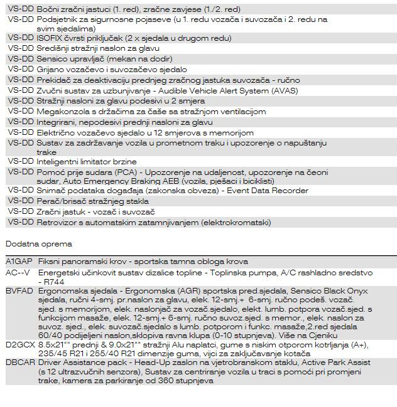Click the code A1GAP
(18, 262)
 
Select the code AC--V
(18, 273)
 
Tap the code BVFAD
(19, 291)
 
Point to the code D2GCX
(19, 344)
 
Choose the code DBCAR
(19, 362)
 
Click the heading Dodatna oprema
(38, 244)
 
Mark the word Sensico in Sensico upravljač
(53, 59)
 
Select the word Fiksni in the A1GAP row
(49, 262)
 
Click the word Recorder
(286, 191)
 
